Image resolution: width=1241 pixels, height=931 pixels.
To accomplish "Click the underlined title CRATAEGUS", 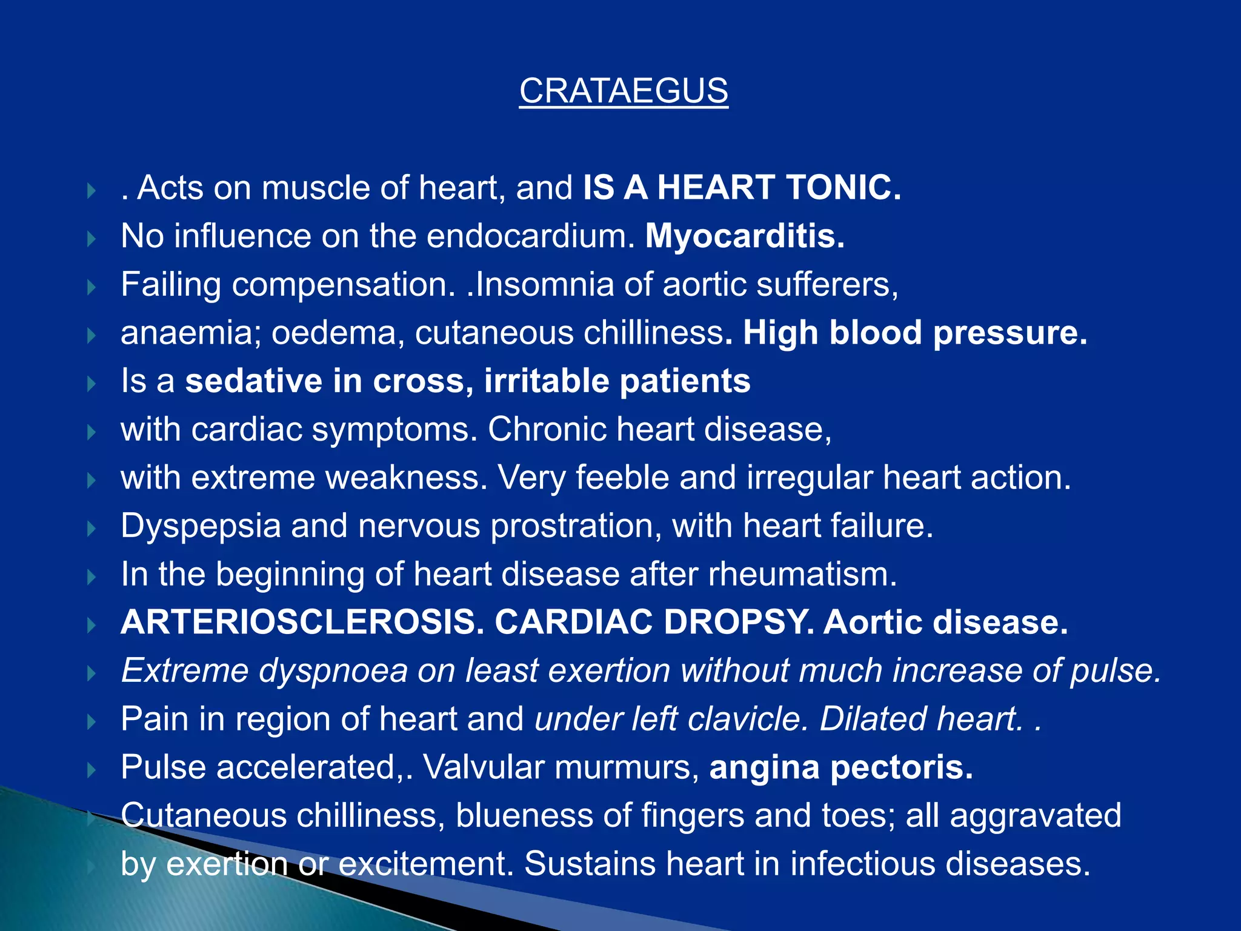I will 624,91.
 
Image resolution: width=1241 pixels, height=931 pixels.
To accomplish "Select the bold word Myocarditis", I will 745,236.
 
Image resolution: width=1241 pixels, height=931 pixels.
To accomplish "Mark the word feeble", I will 622,478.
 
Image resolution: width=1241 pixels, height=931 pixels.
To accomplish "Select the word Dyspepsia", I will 201,526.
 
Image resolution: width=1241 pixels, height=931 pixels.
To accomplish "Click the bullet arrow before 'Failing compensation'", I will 91,287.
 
